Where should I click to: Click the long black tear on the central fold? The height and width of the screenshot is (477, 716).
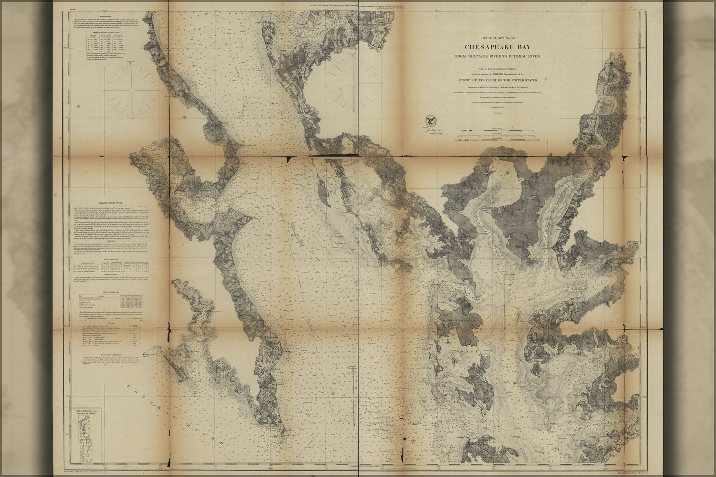pyautogui.click(x=333, y=156)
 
